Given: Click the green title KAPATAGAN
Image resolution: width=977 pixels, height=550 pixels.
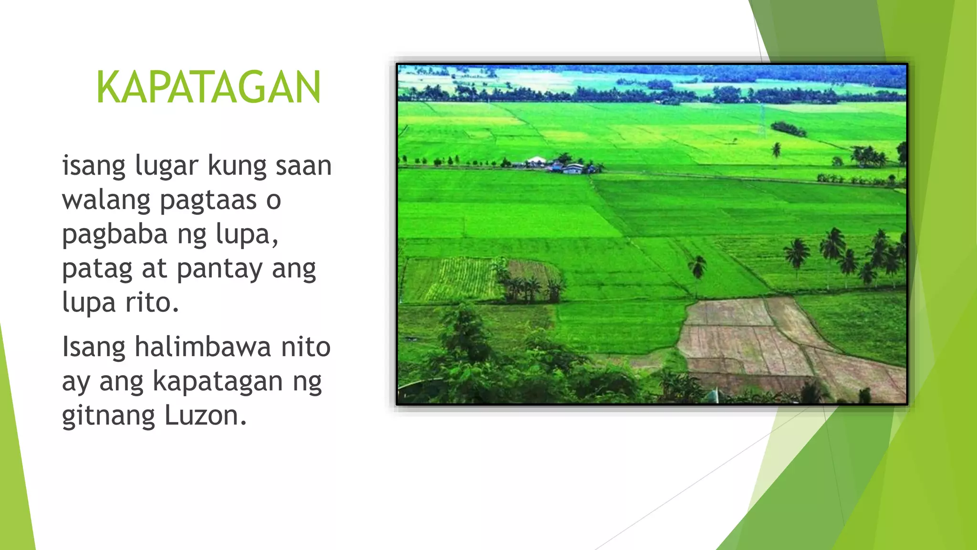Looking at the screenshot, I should click(208, 87).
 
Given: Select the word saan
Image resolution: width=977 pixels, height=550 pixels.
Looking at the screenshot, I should click(303, 166).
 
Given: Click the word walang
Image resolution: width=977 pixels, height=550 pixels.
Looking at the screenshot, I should click(106, 201).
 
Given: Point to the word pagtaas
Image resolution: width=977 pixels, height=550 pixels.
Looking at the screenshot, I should click(208, 201).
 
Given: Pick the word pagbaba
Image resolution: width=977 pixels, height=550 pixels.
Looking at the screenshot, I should click(114, 235).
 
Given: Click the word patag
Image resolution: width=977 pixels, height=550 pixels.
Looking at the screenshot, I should click(97, 269).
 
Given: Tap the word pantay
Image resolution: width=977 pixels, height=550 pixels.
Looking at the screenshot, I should click(219, 269).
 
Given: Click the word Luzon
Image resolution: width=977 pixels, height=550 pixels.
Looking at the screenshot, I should click(205, 415).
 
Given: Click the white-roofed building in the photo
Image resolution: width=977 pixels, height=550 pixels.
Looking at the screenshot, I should click(536, 160).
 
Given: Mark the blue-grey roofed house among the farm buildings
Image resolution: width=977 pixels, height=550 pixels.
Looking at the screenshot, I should click(573, 168).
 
